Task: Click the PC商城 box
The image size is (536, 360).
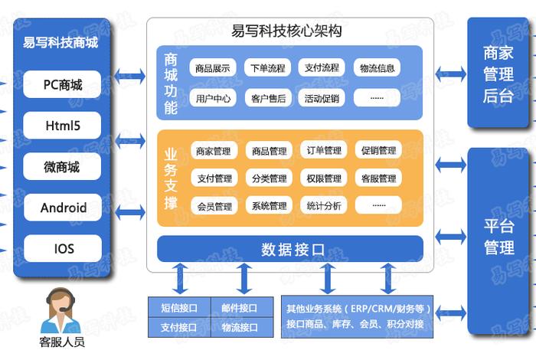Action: click(62, 85)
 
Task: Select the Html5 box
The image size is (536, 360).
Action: click(62, 126)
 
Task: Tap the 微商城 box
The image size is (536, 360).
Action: click(62, 167)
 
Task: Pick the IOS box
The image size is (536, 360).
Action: click(62, 248)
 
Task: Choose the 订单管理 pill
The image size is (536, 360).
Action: click(323, 151)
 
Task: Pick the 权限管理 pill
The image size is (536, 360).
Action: click(323, 178)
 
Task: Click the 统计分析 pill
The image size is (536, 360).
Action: click(323, 206)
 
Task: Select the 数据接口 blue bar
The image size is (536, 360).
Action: click(291, 249)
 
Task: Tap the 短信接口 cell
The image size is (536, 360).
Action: click(178, 309)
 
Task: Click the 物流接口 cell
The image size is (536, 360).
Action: click(239, 328)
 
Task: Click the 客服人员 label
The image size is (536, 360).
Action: click(61, 342)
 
